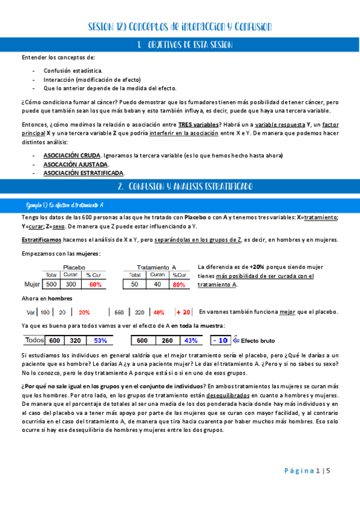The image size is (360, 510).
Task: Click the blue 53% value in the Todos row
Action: coord(100,340)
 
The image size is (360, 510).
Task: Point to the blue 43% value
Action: coord(191,340)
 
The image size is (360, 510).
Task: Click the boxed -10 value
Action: coord(221,340)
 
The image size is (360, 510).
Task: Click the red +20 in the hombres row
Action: coord(183,312)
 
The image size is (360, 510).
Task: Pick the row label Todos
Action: coord(35,340)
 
